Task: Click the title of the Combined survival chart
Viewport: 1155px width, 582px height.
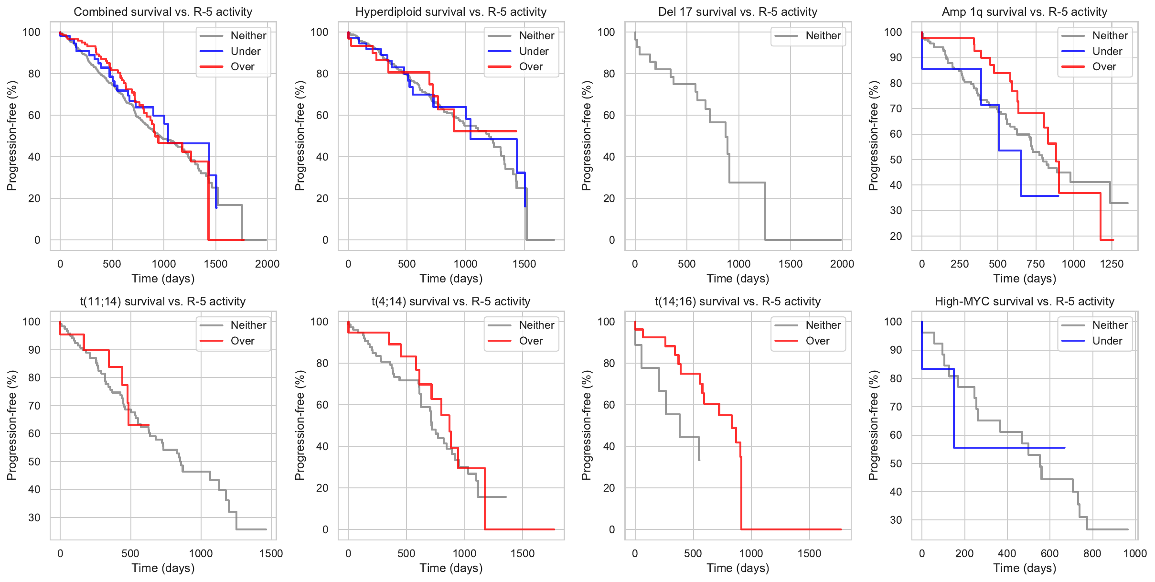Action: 163,12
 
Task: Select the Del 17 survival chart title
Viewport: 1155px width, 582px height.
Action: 738,12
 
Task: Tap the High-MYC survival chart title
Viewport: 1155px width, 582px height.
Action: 1024,302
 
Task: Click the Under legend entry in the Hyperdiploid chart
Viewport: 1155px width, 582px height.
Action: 534,51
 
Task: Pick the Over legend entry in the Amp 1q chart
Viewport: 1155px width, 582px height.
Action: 1104,66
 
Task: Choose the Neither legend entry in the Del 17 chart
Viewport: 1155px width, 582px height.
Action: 823,35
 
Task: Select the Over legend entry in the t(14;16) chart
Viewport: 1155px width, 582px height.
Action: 817,341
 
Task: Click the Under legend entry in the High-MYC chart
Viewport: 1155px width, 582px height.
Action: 1107,341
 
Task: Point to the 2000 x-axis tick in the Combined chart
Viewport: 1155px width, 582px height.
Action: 267,264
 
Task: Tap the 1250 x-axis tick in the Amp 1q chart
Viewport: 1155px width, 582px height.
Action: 1112,264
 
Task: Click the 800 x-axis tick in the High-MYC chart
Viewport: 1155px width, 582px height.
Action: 1092,553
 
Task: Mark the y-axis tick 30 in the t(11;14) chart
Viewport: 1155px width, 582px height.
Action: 34,517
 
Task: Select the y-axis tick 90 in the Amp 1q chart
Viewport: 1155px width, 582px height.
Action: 893,58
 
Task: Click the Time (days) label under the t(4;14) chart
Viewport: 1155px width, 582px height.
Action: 451,568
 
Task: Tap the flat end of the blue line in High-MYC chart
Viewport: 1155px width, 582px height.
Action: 1064,448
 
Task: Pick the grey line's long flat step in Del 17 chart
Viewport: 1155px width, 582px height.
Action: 747,183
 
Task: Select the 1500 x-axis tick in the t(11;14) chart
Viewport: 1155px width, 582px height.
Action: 271,553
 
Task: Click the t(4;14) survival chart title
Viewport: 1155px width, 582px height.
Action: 451,302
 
